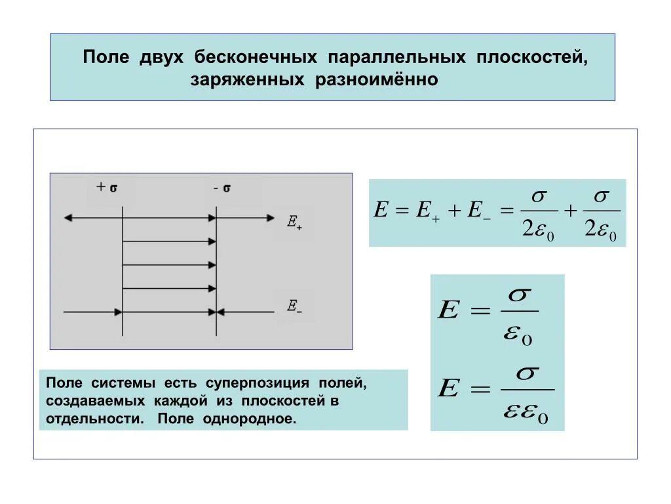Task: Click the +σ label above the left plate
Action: point(107,187)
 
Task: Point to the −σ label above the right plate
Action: point(222,188)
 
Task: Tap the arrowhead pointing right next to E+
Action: point(271,218)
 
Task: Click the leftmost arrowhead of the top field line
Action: point(66,218)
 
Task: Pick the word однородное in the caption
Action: point(259,419)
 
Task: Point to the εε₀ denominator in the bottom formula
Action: point(526,414)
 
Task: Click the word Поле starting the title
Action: point(107,58)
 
